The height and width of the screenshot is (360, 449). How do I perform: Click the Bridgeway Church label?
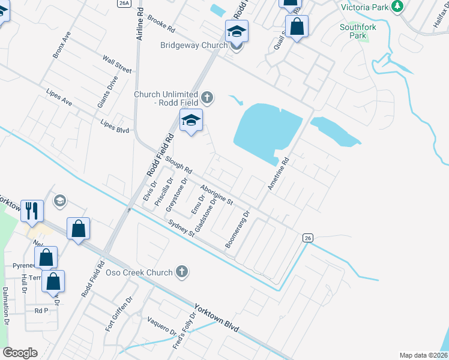[x=193, y=45]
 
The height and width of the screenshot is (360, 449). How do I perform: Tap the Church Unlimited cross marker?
[x=207, y=97]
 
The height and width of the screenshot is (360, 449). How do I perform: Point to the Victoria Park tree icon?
[x=397, y=7]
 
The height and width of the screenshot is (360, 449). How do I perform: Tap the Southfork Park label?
[x=357, y=31]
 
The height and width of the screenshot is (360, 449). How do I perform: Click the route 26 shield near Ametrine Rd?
[x=307, y=238]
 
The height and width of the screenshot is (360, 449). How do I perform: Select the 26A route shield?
[x=124, y=3]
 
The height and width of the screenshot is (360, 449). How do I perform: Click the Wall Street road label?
[x=116, y=64]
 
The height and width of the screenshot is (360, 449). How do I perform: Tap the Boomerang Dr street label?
[x=237, y=230]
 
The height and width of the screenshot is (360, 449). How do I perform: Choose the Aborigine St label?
[x=217, y=195]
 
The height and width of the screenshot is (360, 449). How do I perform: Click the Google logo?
[x=20, y=353]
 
